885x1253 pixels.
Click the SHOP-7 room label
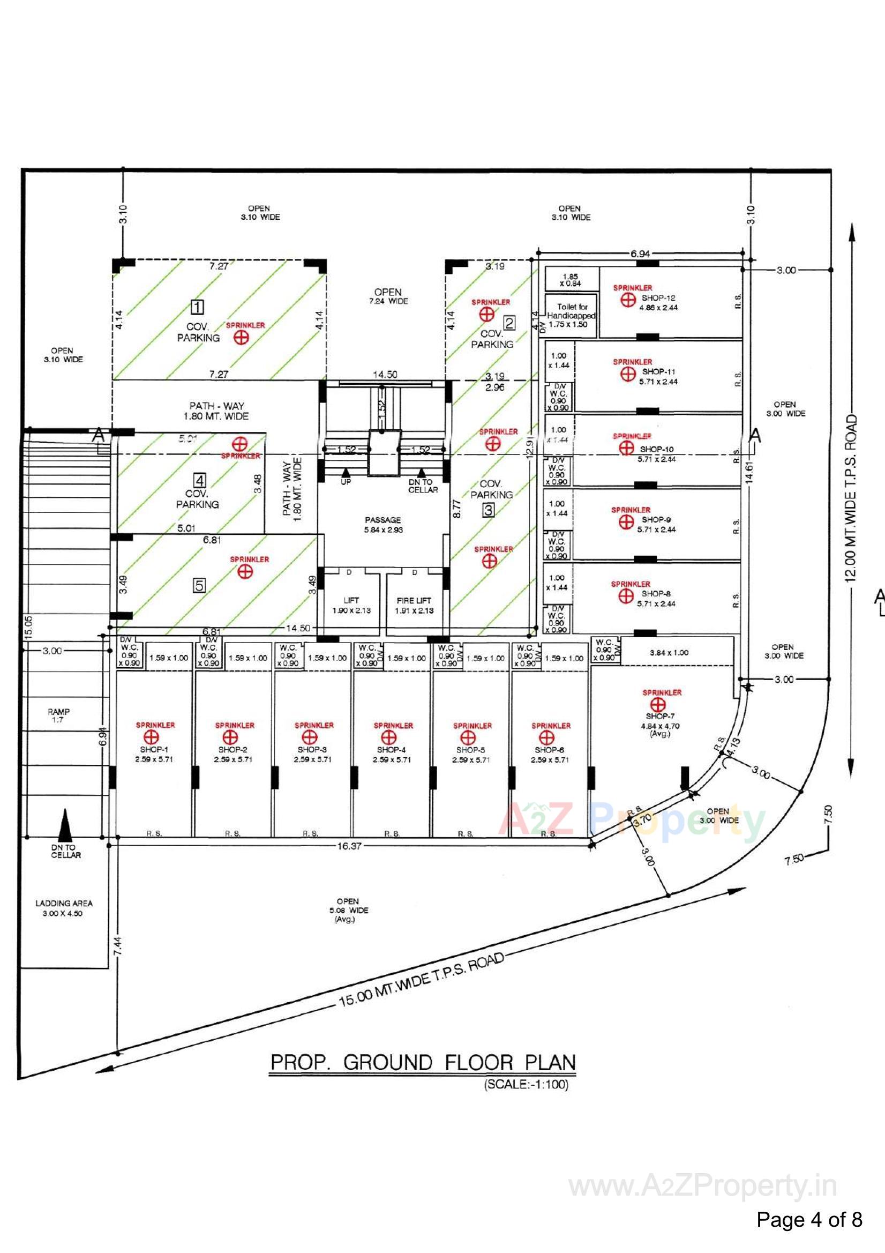(x=657, y=716)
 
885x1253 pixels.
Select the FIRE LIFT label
(x=414, y=600)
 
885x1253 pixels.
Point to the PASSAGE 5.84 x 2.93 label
(x=383, y=525)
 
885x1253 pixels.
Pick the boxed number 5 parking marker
(x=199, y=586)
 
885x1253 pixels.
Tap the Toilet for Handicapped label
(x=572, y=316)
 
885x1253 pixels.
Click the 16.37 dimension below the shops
(x=349, y=846)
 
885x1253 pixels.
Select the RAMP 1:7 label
(x=58, y=715)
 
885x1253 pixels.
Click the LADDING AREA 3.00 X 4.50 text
(x=64, y=908)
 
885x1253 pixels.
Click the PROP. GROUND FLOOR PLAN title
(x=423, y=1063)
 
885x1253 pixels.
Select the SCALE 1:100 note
(x=526, y=1084)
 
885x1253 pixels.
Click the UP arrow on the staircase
(x=346, y=474)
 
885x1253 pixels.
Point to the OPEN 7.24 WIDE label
(x=387, y=296)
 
